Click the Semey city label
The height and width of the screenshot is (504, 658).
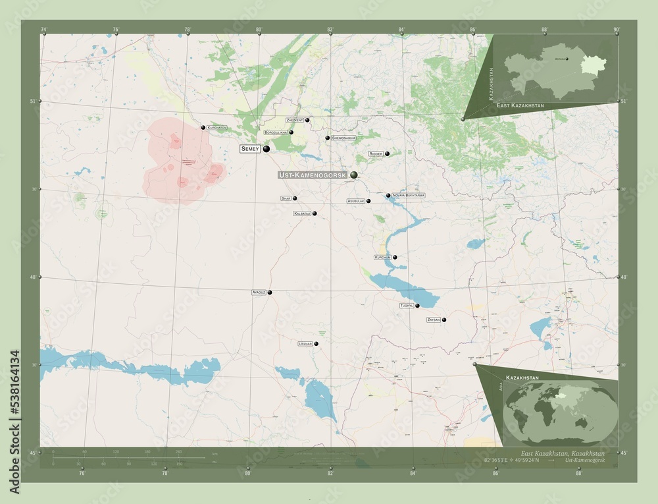[250, 150]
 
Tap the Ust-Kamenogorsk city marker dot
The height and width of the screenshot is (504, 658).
[354, 175]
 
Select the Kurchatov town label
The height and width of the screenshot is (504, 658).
[216, 127]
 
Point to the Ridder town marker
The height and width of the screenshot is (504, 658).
[387, 154]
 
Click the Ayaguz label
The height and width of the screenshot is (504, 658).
[258, 292]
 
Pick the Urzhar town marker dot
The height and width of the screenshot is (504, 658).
[316, 343]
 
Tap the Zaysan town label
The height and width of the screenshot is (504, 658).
[433, 320]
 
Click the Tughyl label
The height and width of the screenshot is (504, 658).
[407, 306]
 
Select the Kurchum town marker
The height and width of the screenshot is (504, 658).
[395, 257]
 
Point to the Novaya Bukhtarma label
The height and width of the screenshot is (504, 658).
[408, 196]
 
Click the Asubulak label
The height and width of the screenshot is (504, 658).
[355, 201]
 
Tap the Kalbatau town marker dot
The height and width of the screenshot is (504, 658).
[315, 213]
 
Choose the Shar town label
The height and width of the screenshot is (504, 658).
[286, 198]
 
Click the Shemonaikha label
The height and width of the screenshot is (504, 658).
[344, 138]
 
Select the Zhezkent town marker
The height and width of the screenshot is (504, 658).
[307, 120]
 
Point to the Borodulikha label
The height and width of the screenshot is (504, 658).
[275, 132]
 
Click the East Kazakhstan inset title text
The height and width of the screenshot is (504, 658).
[520, 105]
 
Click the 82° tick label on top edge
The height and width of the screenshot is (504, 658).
[330, 29]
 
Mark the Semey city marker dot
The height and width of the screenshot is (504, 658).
[266, 150]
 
